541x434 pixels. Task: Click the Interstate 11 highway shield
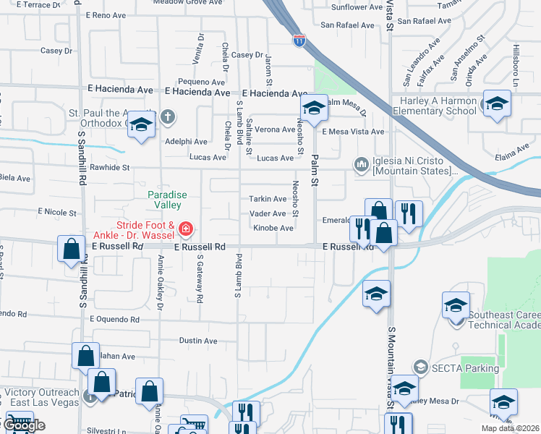(x=299, y=41)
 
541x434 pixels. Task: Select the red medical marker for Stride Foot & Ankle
(x=186, y=230)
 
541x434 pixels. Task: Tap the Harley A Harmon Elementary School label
(x=434, y=106)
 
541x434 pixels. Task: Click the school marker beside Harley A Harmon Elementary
(x=497, y=103)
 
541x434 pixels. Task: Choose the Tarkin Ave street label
(x=268, y=199)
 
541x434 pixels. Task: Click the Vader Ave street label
(x=268, y=213)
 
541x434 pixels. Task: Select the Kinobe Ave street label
(x=273, y=229)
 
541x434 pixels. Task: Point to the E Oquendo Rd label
(x=114, y=318)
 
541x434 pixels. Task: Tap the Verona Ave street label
(x=275, y=129)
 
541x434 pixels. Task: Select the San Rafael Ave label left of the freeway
(x=348, y=25)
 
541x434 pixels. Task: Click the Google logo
(x=24, y=425)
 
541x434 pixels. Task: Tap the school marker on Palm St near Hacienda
(x=314, y=108)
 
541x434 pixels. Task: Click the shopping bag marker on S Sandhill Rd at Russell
(x=72, y=250)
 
